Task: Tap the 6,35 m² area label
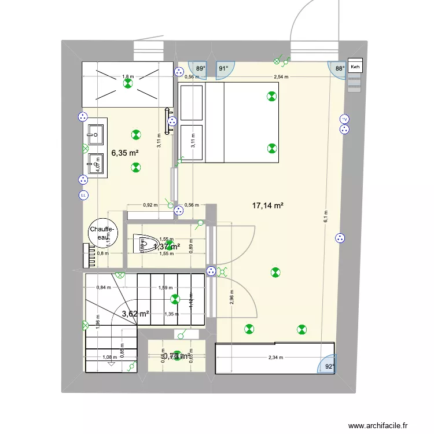pyautogui.click(x=125, y=153)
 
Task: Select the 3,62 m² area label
pyautogui.click(x=135, y=314)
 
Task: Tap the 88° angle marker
pyautogui.click(x=340, y=68)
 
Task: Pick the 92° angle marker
pyautogui.click(x=329, y=366)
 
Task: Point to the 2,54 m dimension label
pyautogui.click(x=282, y=76)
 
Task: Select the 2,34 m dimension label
pyautogui.click(x=277, y=358)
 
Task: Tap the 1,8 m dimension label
pyautogui.click(x=127, y=76)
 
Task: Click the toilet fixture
pyautogui.click(x=142, y=244)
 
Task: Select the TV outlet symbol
pyautogui.click(x=344, y=119)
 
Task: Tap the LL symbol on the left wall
pyautogui.click(x=84, y=195)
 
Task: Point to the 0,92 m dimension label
pyautogui.click(x=150, y=204)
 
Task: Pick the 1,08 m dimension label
pyautogui.click(x=109, y=358)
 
